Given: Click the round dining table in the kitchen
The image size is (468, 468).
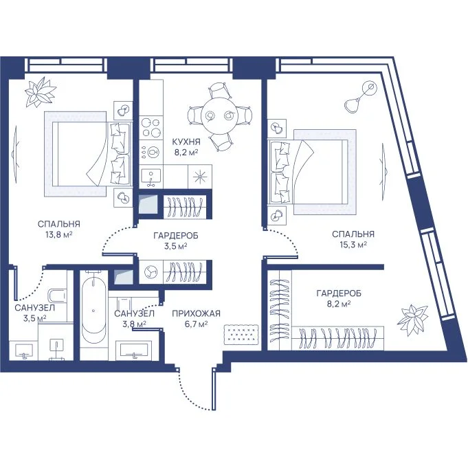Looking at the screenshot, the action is pyautogui.click(x=219, y=115).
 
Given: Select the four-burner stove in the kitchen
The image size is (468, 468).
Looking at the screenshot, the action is pyautogui.click(x=151, y=127).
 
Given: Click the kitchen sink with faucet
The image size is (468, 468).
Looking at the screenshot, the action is pyautogui.click(x=151, y=176).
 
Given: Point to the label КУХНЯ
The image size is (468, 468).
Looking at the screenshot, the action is pyautogui.click(x=186, y=142).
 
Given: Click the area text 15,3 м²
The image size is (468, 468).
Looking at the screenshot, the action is pyautogui.click(x=353, y=245).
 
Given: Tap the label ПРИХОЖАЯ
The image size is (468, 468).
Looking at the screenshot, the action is pyautogui.click(x=196, y=313).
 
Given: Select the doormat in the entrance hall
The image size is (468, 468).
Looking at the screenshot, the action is pyautogui.click(x=241, y=335).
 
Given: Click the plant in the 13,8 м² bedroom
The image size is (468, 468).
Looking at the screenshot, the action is pyautogui.click(x=40, y=91).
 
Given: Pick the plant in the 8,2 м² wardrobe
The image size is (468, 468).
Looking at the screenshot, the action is pyautogui.click(x=412, y=319).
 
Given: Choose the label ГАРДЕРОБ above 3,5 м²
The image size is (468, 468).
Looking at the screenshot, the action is pyautogui.click(x=176, y=236).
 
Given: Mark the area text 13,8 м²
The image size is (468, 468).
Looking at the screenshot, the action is pyautogui.click(x=59, y=234).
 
